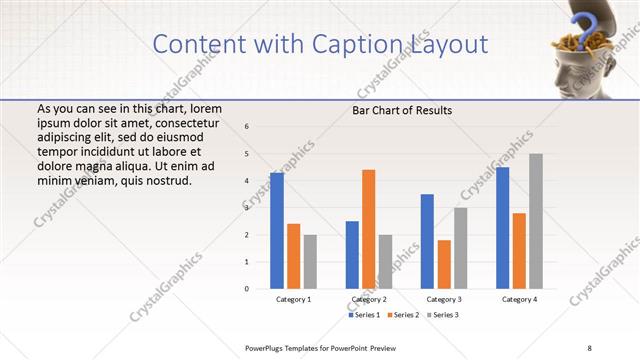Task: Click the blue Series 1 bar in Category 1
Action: click(x=277, y=231)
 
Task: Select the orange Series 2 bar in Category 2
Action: click(x=368, y=229)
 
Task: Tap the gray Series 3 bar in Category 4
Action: click(x=536, y=221)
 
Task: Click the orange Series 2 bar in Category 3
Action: click(x=444, y=264)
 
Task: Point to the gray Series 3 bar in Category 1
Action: click(x=310, y=262)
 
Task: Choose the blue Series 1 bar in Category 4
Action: click(x=502, y=228)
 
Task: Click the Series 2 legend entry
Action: click(x=405, y=315)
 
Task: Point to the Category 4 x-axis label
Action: click(x=519, y=299)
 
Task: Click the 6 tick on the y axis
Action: click(x=247, y=127)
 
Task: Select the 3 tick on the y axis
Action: click(x=247, y=208)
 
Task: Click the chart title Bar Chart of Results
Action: click(x=402, y=110)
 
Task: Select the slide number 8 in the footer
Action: click(x=589, y=347)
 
